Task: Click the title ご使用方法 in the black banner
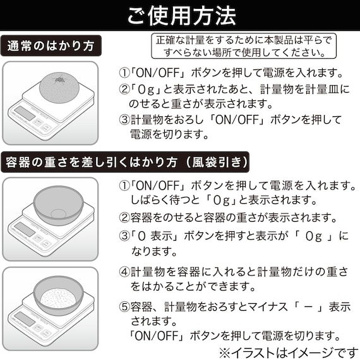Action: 180,14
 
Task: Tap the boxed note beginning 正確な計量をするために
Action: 243,45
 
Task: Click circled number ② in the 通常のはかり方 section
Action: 124,89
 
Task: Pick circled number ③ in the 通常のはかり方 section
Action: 124,119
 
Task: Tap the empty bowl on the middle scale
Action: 58,205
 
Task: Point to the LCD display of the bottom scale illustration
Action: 26,318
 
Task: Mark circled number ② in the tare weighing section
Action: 125,219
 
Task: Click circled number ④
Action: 125,272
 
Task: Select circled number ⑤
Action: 125,308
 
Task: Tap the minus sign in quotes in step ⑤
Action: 308,308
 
